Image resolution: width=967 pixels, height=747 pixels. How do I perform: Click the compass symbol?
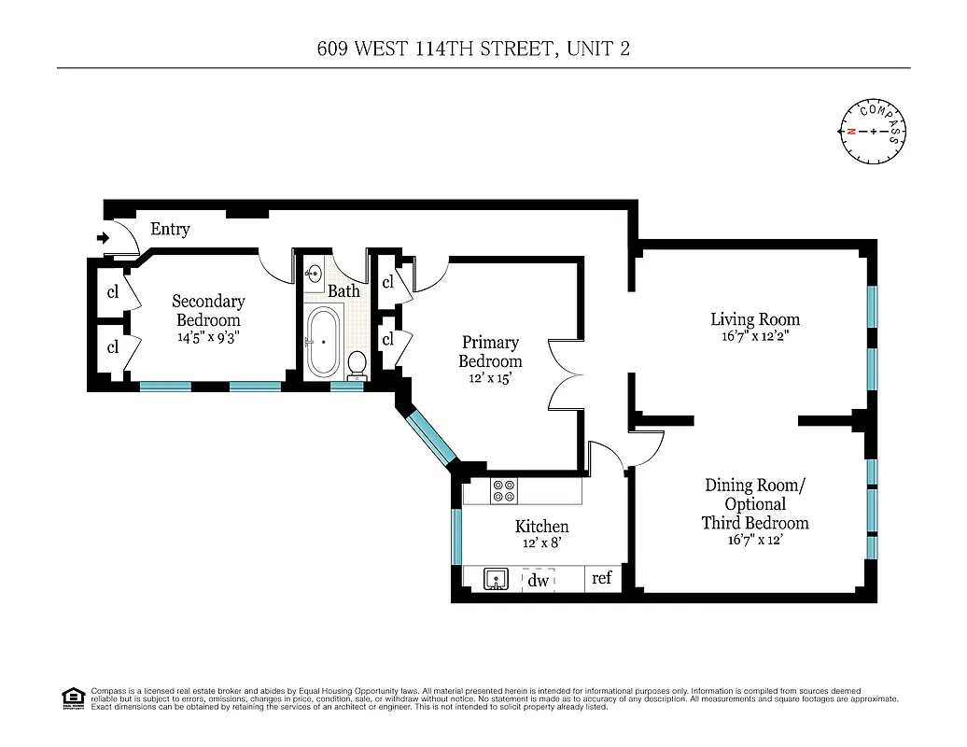point(874,131)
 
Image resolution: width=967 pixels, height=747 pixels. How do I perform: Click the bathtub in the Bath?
point(322,343)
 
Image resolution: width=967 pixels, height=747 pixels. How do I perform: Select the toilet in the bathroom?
point(356,363)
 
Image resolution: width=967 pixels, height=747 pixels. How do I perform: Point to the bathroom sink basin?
point(314,274)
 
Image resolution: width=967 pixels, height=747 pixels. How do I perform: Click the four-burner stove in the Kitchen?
point(504,491)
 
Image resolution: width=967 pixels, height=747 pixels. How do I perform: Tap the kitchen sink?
point(494,580)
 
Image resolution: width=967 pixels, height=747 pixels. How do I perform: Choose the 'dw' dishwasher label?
point(539,580)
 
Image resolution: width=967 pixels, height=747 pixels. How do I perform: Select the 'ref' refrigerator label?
point(602,578)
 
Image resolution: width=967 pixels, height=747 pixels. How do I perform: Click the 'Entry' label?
point(170,229)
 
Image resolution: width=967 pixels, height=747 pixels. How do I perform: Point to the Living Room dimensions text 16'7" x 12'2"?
point(754,339)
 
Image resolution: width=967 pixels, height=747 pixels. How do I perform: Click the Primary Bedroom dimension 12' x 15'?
point(490,379)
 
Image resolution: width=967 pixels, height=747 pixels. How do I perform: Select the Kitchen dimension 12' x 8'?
point(541,543)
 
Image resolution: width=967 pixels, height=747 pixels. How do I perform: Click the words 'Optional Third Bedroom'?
point(755,514)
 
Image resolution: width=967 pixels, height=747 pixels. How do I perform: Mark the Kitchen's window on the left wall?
point(456,537)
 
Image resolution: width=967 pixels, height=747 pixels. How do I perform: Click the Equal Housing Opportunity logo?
point(73,698)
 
